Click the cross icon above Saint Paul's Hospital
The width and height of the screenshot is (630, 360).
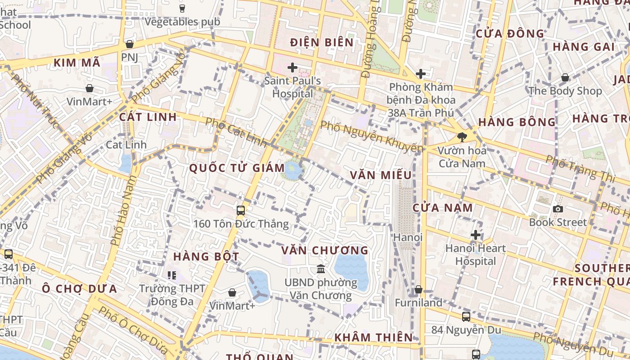[x=292, y=68]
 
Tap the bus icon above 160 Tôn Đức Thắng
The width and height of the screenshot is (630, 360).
[x=241, y=210]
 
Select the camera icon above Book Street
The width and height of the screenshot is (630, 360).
[x=558, y=209]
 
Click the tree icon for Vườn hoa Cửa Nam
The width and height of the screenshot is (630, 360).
[x=462, y=137]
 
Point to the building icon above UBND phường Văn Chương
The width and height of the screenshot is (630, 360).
[x=321, y=269]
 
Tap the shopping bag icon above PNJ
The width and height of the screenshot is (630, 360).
[x=130, y=44]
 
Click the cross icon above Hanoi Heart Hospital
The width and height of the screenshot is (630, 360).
[x=476, y=235]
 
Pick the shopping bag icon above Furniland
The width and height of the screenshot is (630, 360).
[x=418, y=289]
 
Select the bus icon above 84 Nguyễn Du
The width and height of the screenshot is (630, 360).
[x=466, y=316]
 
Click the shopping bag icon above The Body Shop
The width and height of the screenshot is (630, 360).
[x=565, y=78]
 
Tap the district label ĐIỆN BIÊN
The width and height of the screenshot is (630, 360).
[x=322, y=43]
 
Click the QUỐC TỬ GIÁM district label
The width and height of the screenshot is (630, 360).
[x=237, y=168]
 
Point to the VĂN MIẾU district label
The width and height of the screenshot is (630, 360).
[x=381, y=175]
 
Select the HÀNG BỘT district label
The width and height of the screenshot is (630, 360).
[x=206, y=256]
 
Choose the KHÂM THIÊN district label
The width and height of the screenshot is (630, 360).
[x=373, y=337]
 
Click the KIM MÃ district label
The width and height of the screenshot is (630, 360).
[x=77, y=63]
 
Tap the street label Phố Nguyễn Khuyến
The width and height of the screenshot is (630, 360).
[x=372, y=135]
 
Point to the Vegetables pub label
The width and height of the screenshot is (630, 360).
[x=182, y=22]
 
